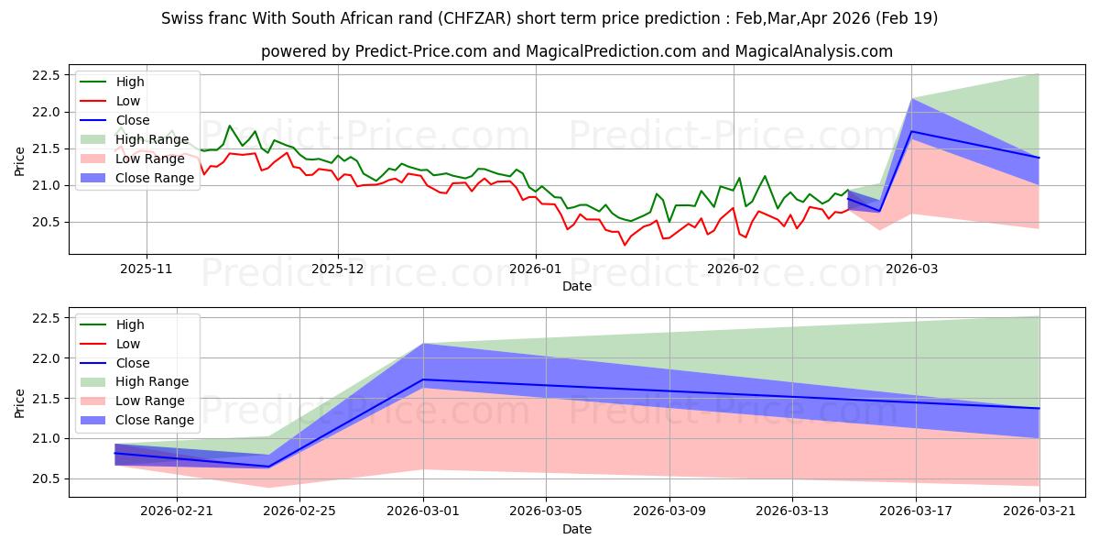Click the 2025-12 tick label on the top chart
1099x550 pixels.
pyautogui.click(x=338, y=269)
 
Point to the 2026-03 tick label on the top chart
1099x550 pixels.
pyautogui.click(x=911, y=269)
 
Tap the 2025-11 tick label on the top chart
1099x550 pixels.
pyautogui.click(x=147, y=269)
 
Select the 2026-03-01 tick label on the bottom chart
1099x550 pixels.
pyautogui.click(x=423, y=511)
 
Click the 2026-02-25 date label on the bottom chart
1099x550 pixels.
pyautogui.click(x=299, y=511)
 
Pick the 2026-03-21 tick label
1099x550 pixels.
pyautogui.click(x=1039, y=511)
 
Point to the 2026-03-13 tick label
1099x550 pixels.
pyautogui.click(x=792, y=511)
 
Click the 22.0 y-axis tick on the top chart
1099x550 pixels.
pyautogui.click(x=46, y=113)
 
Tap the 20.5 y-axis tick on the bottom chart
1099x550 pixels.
pyautogui.click(x=46, y=479)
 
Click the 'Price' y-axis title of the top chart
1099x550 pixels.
pyautogui.click(x=19, y=161)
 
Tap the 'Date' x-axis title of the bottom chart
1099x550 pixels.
pyautogui.click(x=576, y=529)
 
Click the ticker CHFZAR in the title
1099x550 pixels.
pyautogui.click(x=474, y=18)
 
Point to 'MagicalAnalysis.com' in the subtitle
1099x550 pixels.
pyautogui.click(x=813, y=51)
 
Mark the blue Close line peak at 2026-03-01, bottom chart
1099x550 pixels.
pyautogui.click(x=423, y=379)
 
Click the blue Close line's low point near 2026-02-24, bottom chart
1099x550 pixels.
pyautogui.click(x=268, y=467)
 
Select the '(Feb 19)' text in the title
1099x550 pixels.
pyautogui.click(x=906, y=18)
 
